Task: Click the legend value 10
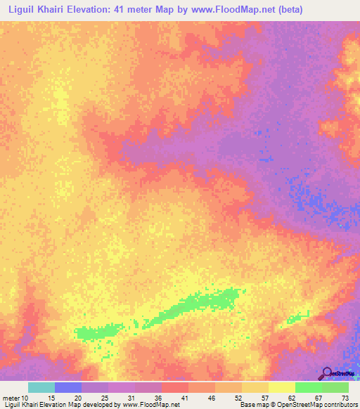pyautogui.click(x=26, y=397)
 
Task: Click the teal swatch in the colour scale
pyautogui.click(x=41, y=387)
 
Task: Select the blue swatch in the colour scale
pyautogui.click(x=68, y=387)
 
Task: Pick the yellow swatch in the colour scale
pyautogui.click(x=282, y=387)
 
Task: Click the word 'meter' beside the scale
pyautogui.click(x=11, y=397)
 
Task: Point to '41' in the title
pyautogui.click(x=133, y=9)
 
